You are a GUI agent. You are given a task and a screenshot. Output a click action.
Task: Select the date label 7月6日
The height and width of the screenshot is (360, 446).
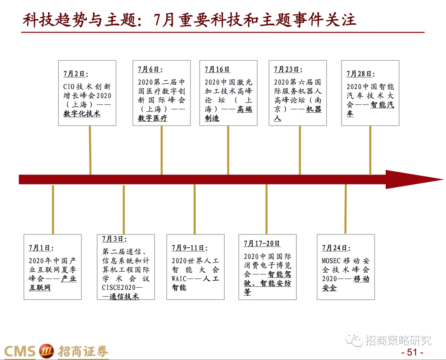[149, 70]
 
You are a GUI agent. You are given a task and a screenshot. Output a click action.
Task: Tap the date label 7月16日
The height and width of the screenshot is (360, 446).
[217, 70]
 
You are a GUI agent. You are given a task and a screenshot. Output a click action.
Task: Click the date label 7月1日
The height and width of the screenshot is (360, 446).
[40, 248]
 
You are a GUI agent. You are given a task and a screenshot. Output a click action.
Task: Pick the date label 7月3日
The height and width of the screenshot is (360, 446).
[114, 239]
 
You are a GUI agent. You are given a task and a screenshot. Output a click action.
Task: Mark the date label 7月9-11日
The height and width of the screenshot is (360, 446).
[189, 248]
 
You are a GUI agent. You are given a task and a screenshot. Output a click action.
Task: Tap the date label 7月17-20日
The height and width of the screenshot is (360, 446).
[262, 244]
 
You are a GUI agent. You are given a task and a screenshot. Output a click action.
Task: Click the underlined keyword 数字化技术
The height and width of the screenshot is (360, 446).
[82, 114]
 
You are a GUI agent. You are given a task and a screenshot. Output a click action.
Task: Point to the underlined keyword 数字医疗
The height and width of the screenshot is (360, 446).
[152, 118]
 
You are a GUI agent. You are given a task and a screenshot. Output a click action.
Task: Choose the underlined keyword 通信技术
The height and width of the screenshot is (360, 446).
[124, 296]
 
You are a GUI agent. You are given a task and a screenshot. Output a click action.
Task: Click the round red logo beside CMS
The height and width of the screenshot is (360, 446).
[46, 351]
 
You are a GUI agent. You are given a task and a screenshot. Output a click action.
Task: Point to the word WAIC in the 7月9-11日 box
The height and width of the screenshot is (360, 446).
[180, 279]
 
